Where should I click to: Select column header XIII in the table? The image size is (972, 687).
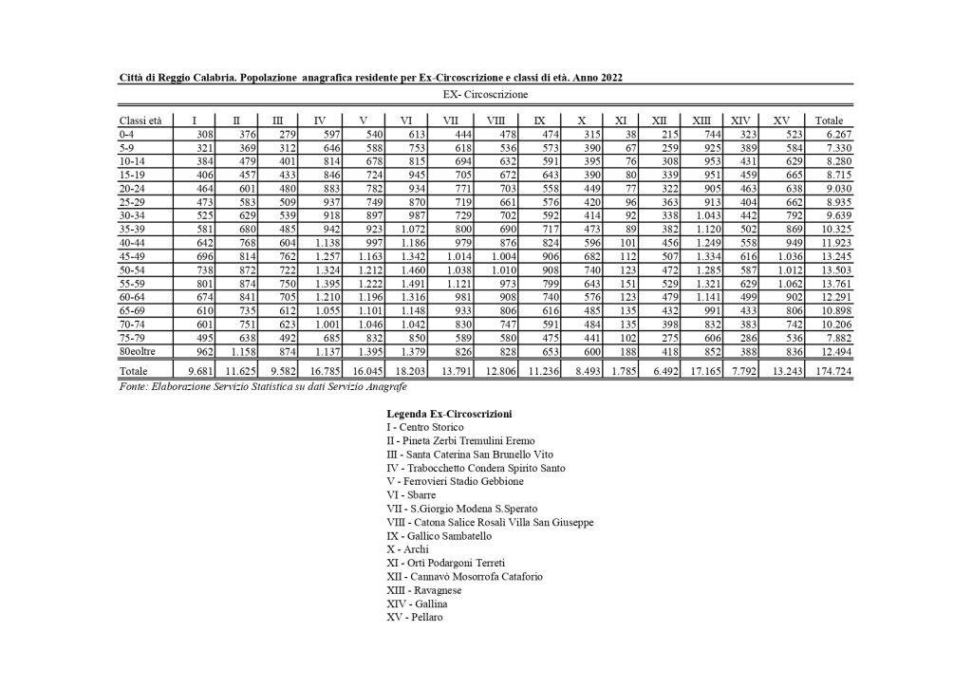[701, 121]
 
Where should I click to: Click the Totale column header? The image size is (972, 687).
[829, 121]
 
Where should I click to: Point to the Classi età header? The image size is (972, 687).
[140, 121]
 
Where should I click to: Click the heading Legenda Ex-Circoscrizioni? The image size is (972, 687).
[449, 414]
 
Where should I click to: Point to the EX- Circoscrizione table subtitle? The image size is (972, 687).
[486, 95]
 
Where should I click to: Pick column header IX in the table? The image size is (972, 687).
[539, 121]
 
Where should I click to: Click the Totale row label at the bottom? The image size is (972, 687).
[135, 371]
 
